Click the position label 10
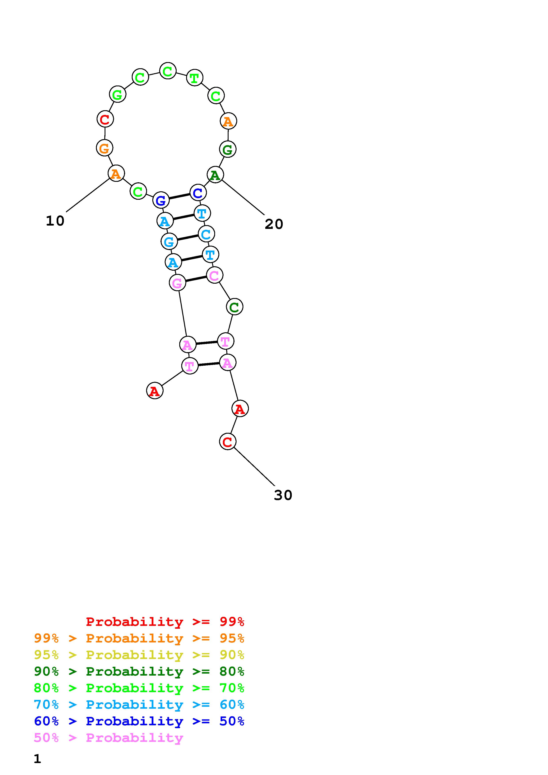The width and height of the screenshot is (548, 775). coord(55,221)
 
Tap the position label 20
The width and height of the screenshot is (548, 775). coord(274,224)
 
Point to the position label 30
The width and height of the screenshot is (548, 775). coord(283,495)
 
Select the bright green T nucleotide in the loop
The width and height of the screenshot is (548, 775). coord(195,78)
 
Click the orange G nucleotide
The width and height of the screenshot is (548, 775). coord(104,148)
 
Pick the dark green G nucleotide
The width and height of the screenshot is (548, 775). coord(227,149)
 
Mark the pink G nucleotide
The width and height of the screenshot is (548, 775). coord(177,283)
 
